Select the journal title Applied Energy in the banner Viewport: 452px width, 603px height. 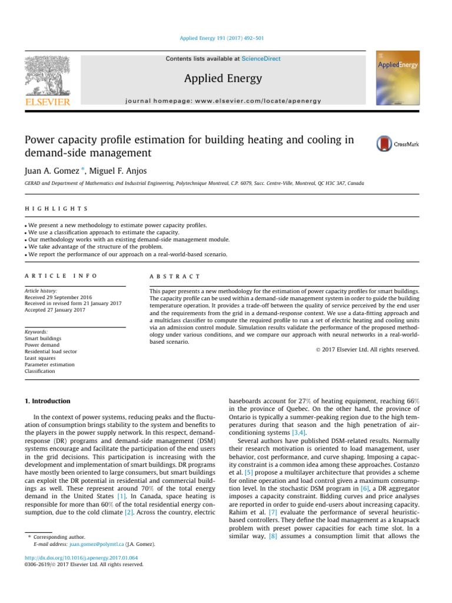click(223, 78)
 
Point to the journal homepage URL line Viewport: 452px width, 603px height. click(223, 101)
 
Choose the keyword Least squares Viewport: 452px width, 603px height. click(40, 357)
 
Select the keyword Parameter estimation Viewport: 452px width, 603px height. click(49, 365)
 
